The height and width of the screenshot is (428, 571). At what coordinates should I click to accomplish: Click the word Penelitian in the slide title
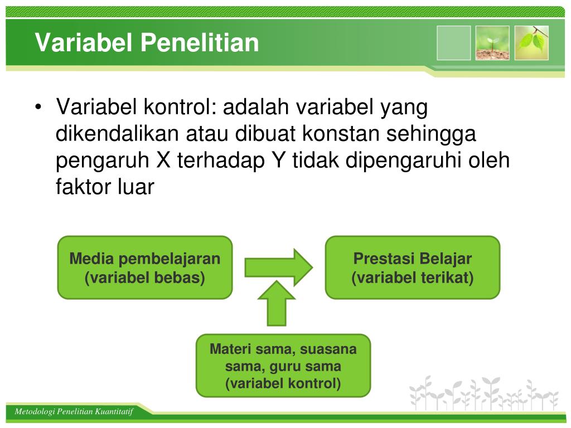tap(200, 42)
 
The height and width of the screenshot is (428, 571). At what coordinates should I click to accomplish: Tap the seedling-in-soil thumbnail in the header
tap(492, 43)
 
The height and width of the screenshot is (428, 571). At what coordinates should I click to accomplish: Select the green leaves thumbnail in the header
tap(531, 43)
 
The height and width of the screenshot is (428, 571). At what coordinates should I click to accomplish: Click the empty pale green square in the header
tap(453, 43)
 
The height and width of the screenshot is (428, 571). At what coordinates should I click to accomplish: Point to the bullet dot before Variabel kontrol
tap(38, 108)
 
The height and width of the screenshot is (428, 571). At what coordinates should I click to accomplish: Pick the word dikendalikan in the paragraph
tap(117, 134)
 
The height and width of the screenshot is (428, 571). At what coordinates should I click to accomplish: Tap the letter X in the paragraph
tap(163, 160)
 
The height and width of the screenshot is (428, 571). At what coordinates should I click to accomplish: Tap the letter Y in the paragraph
tap(279, 160)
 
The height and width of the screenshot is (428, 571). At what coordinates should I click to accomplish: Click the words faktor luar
tap(105, 187)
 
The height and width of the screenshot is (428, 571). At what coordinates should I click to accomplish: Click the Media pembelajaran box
tap(145, 267)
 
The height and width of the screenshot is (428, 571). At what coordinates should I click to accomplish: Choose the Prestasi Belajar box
tap(413, 267)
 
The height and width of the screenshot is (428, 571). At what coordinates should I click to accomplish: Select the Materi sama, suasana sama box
tap(283, 366)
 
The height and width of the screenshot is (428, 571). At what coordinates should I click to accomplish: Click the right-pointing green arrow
tap(279, 267)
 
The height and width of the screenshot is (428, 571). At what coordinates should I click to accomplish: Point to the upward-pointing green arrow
tap(277, 303)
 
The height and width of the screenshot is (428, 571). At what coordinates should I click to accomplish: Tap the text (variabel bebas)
tap(145, 278)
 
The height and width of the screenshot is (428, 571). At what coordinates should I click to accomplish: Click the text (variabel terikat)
tap(413, 278)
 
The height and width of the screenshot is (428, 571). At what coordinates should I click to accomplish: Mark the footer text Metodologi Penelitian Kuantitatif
tap(74, 412)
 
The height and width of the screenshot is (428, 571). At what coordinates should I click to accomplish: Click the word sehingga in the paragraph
tap(431, 134)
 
